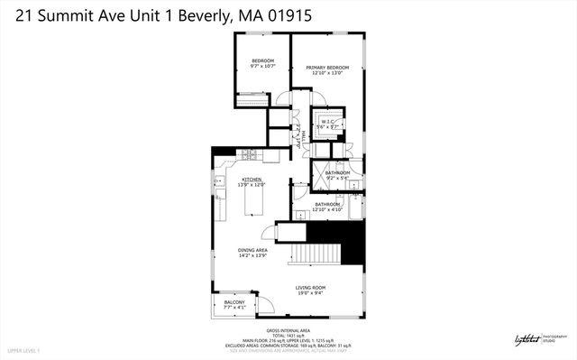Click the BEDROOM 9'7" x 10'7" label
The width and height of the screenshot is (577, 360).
pos(262,62)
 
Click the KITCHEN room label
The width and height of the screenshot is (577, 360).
pos(251,182)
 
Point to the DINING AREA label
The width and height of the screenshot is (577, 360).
pos(252,253)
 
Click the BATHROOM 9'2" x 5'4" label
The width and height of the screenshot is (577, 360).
pos(337,175)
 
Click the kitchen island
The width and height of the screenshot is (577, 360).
pos(255,206)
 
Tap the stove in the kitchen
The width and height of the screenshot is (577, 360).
pos(248,154)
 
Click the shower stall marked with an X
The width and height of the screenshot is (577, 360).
pos(319,177)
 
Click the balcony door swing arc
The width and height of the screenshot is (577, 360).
pos(264,306)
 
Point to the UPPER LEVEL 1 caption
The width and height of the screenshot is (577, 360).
pos(23,349)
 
